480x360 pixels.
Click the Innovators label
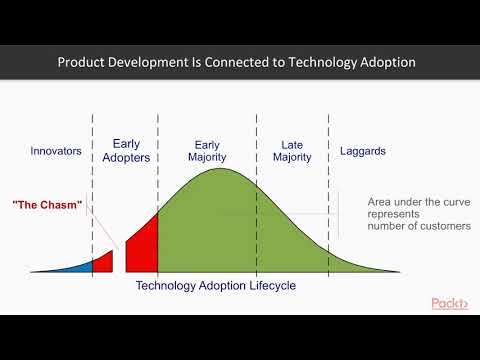point(56,152)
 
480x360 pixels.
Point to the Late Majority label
point(292,150)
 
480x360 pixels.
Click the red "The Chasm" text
point(47,205)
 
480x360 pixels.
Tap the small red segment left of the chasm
point(103,262)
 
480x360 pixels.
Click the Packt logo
point(450,303)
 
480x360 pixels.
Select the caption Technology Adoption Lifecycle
point(215,285)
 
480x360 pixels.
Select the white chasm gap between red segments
point(118,262)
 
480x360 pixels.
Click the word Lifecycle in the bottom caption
point(268,285)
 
